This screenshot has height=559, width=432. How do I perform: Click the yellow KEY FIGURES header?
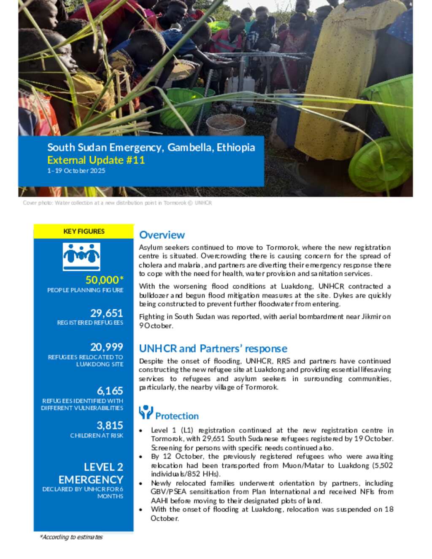[84, 231]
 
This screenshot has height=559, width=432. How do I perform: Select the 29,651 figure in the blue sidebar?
[106, 313]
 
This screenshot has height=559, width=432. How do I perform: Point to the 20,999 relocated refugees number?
[106, 347]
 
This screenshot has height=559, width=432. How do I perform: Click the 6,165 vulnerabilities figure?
[110, 391]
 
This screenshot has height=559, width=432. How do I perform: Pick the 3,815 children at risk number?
[110, 425]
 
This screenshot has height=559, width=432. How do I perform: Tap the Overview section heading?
[162, 235]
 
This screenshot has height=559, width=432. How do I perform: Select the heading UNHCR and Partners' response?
[213, 348]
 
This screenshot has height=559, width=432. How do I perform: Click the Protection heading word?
[177, 416]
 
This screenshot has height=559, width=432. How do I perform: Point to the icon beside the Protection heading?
[146, 412]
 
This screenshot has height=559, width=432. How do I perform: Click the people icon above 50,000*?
[81, 256]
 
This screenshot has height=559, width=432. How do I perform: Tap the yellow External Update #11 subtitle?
[96, 160]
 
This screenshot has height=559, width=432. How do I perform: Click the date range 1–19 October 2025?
[76, 171]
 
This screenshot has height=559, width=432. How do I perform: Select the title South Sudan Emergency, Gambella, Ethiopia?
[151, 147]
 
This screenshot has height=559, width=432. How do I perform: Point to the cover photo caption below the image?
[117, 203]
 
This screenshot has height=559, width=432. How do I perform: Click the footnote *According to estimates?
[71, 537]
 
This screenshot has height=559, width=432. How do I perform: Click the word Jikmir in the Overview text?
[371, 316]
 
